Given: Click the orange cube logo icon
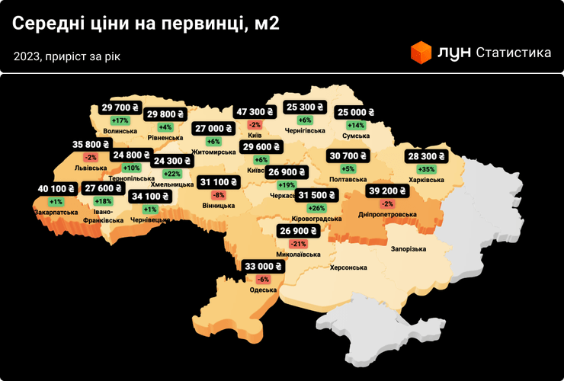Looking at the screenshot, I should pos(421,53).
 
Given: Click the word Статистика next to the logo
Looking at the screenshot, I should pos(513,53).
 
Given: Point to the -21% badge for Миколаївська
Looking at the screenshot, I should pos(297,243).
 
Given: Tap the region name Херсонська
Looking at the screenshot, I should pos(348,267).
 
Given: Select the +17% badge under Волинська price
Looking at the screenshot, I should pos(120,120).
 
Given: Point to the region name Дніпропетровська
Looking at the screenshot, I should pos(388,215).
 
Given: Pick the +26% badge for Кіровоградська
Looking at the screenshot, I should pos(316,207).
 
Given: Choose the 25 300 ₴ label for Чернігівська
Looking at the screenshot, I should pos(305,107).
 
